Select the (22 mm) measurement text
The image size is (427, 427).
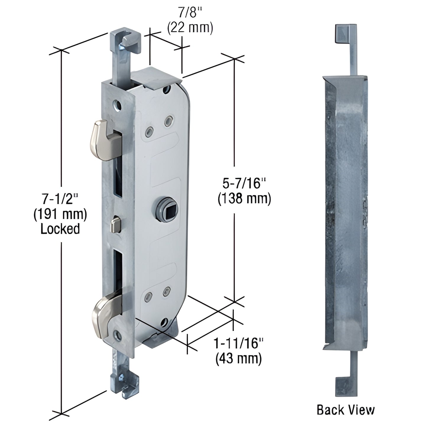(x=190, y=28)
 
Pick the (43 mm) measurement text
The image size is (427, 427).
(x=238, y=359)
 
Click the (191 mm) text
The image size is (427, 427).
(x=60, y=214)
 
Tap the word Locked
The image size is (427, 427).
(x=60, y=229)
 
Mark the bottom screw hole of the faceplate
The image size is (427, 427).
(x=118, y=334)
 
